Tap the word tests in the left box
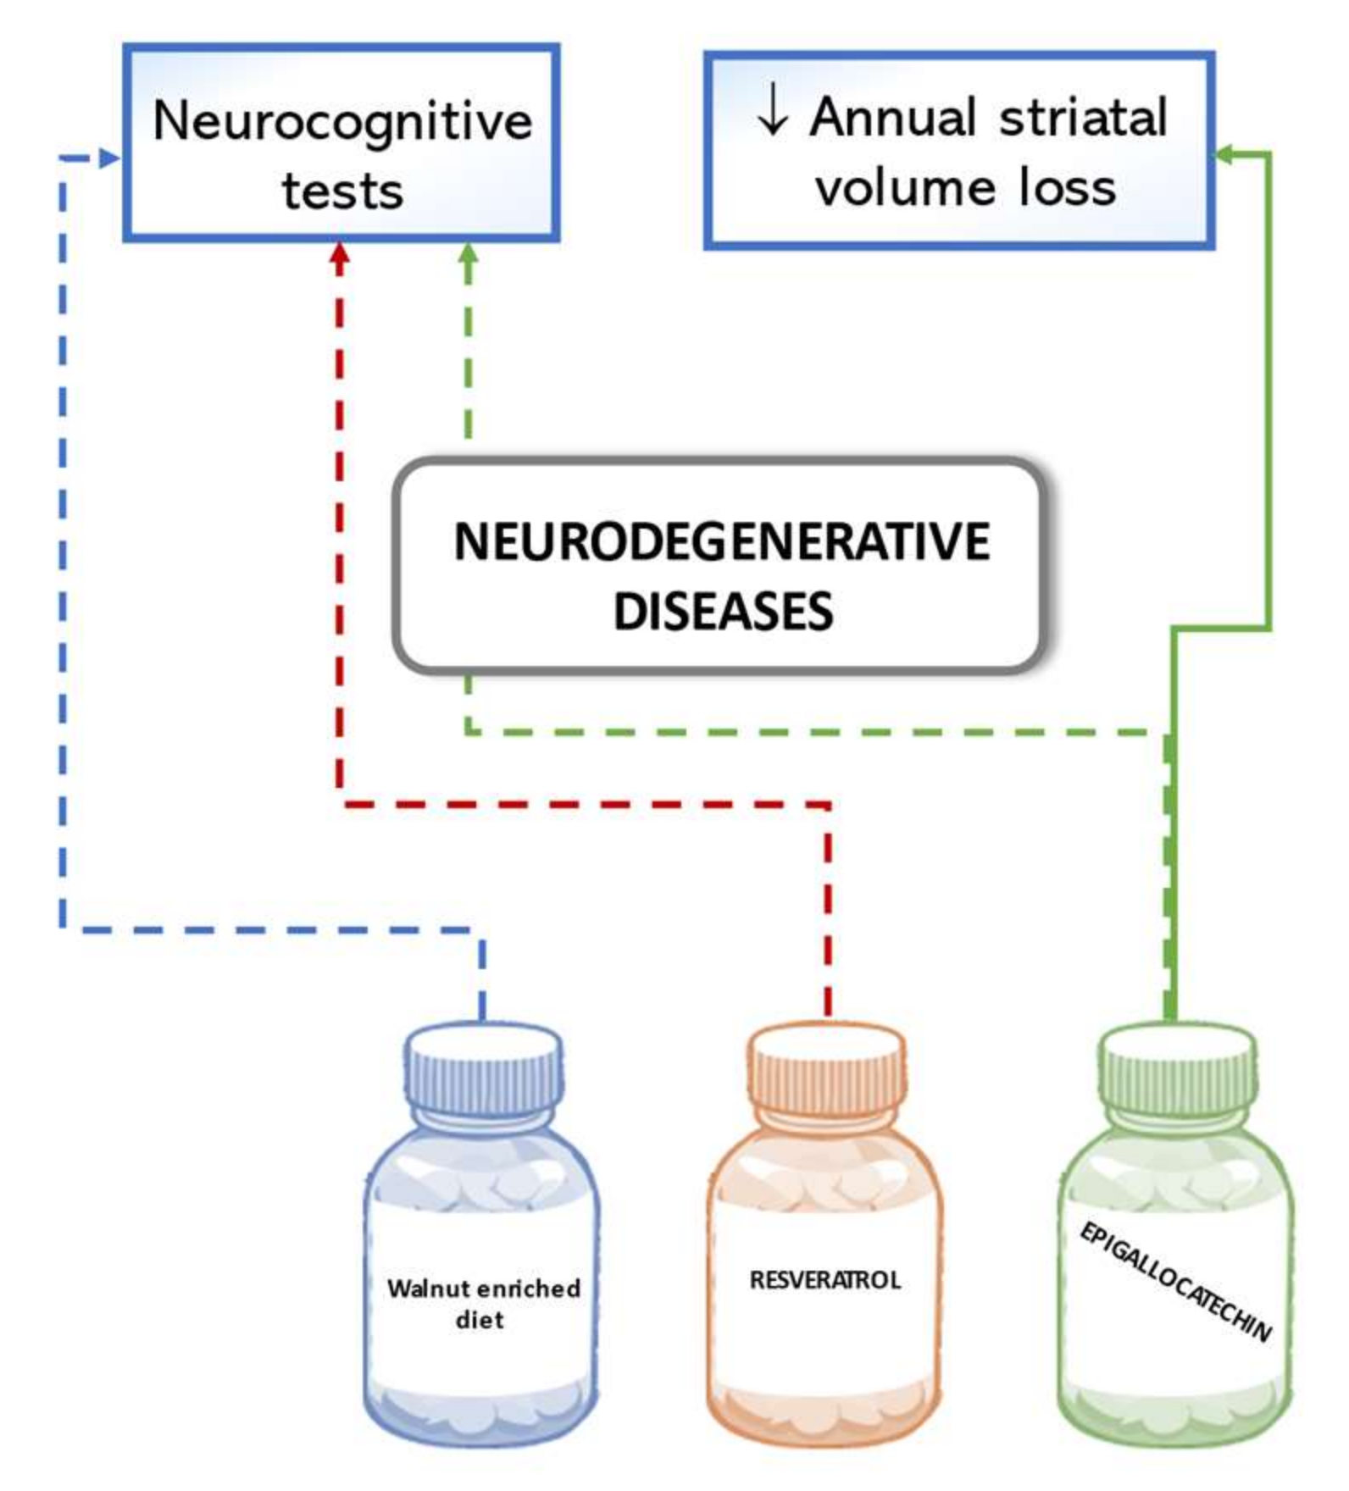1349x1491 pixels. click(x=342, y=191)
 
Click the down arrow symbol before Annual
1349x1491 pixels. click(x=772, y=116)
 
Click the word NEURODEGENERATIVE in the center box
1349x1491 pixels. click(x=721, y=542)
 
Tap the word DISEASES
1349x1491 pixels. click(x=723, y=612)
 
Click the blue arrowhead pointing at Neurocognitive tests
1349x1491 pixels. click(x=109, y=158)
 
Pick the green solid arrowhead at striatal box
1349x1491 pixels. click(x=1224, y=153)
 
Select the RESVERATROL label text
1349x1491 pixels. click(x=824, y=1280)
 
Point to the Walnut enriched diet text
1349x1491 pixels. click(x=483, y=1303)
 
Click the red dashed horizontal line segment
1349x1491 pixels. click(x=585, y=803)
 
